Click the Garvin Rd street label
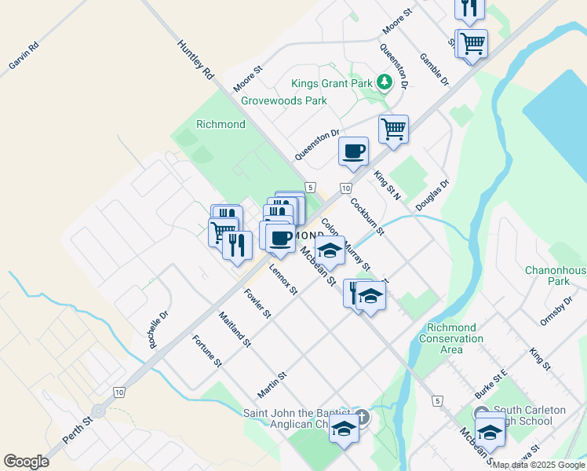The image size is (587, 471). (24, 54)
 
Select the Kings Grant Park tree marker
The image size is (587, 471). (384, 82)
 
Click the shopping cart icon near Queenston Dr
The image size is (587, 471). (393, 128)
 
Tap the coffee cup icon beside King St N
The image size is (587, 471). (353, 149)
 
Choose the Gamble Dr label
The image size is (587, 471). (434, 70)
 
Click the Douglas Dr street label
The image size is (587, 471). (432, 195)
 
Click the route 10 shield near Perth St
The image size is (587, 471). (118, 391)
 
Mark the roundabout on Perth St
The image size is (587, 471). (98, 411)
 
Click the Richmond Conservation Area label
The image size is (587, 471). (451, 338)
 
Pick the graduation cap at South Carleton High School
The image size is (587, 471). (490, 432)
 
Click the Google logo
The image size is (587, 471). (27, 462)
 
